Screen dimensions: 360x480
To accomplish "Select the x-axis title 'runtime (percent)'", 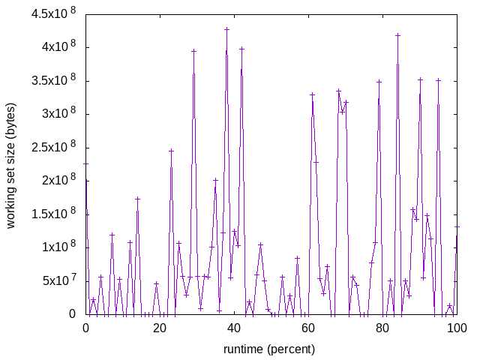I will [x=269, y=349].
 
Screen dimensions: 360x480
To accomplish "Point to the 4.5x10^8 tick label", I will [x=52, y=13].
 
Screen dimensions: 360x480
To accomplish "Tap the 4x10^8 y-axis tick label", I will [x=57, y=47].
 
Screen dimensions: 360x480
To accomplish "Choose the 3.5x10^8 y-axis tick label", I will [x=52, y=80].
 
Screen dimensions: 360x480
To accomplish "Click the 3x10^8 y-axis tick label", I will [x=57, y=114].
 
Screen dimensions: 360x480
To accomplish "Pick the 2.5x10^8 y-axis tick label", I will [x=52, y=147].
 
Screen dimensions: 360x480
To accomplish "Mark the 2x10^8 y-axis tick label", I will [x=57, y=181].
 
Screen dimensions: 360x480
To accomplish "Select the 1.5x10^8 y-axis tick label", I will [x=52, y=214].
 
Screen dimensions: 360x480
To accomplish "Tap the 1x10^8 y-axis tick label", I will [x=57, y=247].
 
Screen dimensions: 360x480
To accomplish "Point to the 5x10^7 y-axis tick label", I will [x=57, y=280].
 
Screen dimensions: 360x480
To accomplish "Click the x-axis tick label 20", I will [x=160, y=328].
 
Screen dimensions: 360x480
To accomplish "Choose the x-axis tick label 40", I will [x=234, y=328].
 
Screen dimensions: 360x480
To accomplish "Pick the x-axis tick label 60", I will [x=308, y=328].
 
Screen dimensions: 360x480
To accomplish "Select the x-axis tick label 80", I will [x=382, y=328].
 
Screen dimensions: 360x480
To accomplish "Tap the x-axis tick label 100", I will [x=457, y=328].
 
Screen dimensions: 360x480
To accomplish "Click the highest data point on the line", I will [x=226, y=29].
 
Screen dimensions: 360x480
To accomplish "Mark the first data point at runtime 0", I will [x=85, y=163].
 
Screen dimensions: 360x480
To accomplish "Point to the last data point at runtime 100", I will [x=457, y=226].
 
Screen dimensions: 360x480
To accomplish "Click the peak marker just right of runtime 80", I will [x=397, y=35].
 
